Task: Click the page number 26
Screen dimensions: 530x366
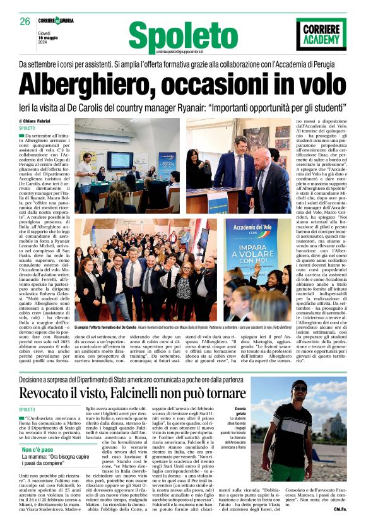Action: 25,22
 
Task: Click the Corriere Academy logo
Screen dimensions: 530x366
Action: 321,33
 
